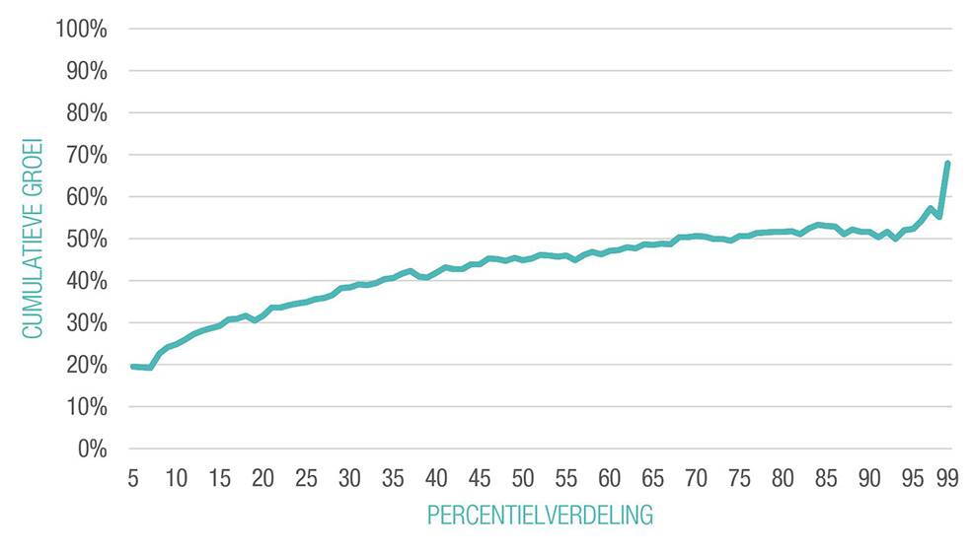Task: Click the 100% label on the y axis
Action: (82, 29)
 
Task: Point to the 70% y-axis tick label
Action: (86, 155)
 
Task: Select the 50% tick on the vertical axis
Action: (86, 239)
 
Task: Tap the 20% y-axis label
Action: (86, 365)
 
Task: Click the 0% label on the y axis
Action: (91, 449)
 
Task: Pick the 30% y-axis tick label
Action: (86, 322)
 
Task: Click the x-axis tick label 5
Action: (133, 478)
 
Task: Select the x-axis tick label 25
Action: (306, 478)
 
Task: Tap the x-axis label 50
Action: (523, 478)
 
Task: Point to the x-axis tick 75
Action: (739, 478)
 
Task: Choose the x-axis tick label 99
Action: (947, 478)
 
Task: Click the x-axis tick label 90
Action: (869, 478)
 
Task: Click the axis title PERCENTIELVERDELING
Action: (540, 516)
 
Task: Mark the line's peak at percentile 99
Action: (947, 163)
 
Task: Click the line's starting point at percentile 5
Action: (133, 367)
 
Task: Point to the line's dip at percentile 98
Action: (938, 217)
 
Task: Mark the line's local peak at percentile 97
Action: (930, 209)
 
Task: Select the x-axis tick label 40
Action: (436, 478)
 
